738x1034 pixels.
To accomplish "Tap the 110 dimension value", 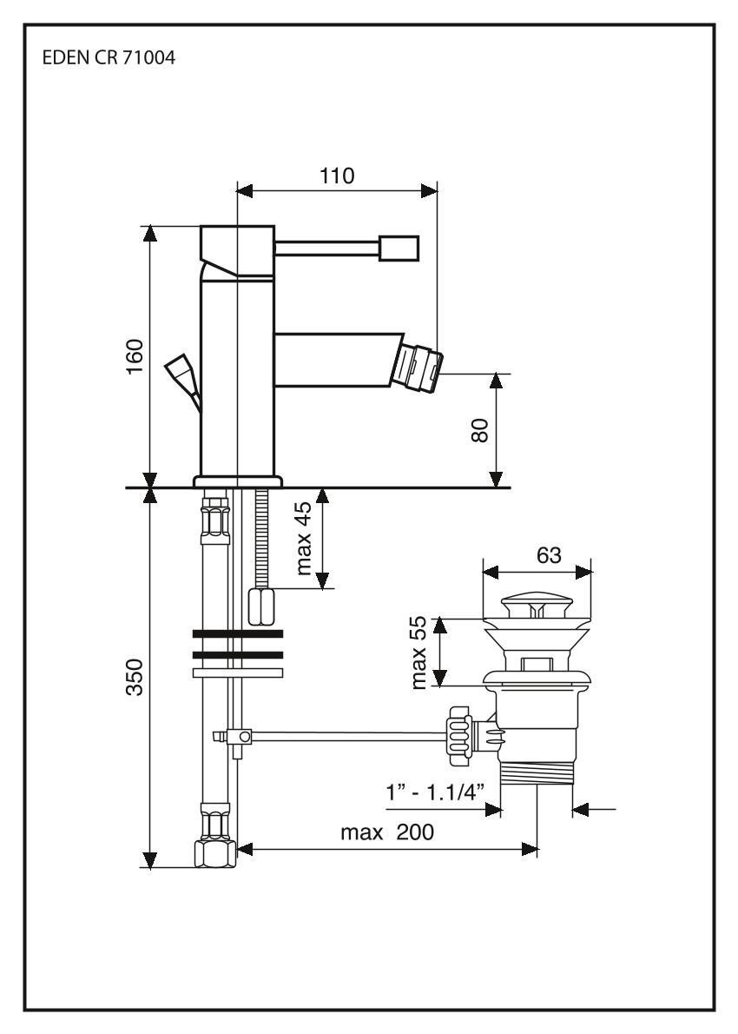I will click(x=337, y=176).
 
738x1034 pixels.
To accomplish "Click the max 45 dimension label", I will click(x=304, y=540).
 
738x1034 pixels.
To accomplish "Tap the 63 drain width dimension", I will click(x=549, y=556).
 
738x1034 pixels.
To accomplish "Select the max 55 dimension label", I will click(x=420, y=652).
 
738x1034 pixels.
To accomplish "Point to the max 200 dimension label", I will click(x=387, y=832).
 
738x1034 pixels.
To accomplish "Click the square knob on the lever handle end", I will click(x=399, y=249).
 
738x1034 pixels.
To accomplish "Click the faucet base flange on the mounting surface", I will click(x=238, y=481).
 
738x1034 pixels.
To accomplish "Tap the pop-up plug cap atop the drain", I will click(x=537, y=602).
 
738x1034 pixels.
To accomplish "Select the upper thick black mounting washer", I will click(x=237, y=633).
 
